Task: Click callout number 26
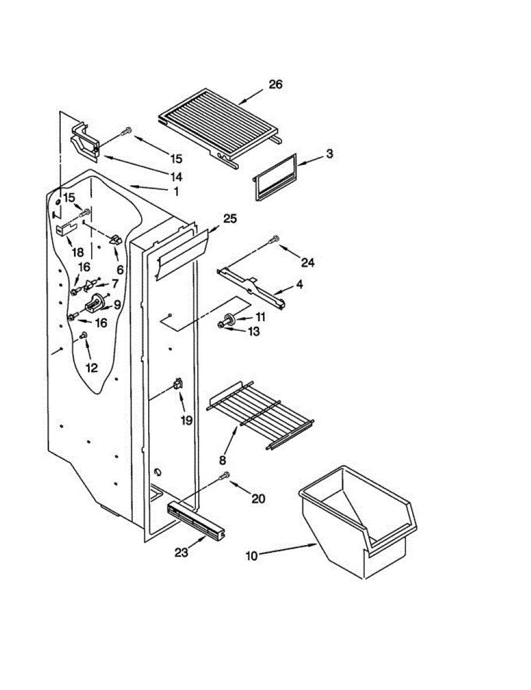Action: (x=276, y=85)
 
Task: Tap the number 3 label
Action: (x=329, y=154)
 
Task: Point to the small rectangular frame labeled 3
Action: (x=275, y=177)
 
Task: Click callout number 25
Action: (x=230, y=218)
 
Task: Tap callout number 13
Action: (x=254, y=331)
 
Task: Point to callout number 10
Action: (x=252, y=555)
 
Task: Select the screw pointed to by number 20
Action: (x=226, y=475)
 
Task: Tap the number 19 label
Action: (x=187, y=420)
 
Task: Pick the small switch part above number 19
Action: (x=178, y=383)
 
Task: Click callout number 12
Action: (x=92, y=368)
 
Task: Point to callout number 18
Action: (x=77, y=252)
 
